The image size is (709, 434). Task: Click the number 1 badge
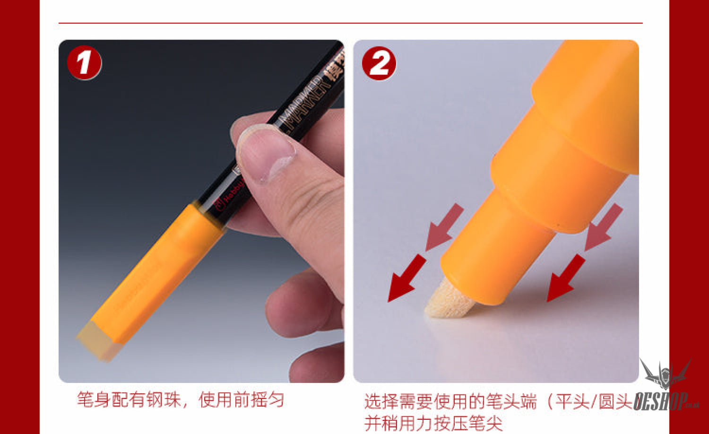coord(84,63)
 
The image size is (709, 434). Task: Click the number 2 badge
coord(379,63)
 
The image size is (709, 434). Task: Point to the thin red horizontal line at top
coord(350,23)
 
